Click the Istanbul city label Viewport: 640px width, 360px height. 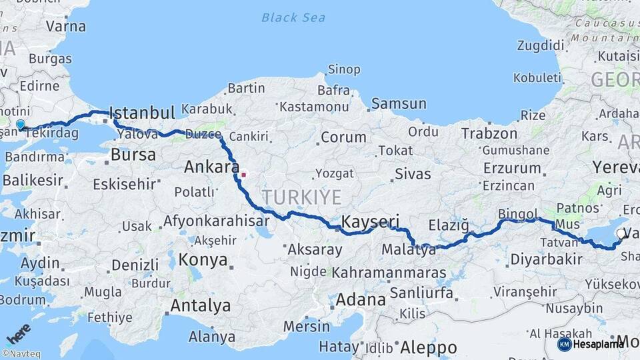(141, 111)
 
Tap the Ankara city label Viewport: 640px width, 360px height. (212, 167)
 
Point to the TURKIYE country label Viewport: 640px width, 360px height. (301, 197)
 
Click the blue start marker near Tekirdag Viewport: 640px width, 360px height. (21, 124)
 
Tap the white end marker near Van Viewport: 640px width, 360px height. (621, 233)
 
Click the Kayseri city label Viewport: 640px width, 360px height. (370, 221)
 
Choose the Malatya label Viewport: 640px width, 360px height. (409, 250)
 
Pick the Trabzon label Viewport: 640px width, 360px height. (489, 133)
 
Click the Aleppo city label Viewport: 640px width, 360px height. (428, 347)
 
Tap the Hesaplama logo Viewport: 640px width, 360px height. (591, 344)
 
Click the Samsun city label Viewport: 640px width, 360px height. (399, 103)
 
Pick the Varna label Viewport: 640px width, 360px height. (65, 27)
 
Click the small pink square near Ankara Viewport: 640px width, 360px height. (243, 175)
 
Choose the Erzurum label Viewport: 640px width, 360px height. (511, 167)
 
